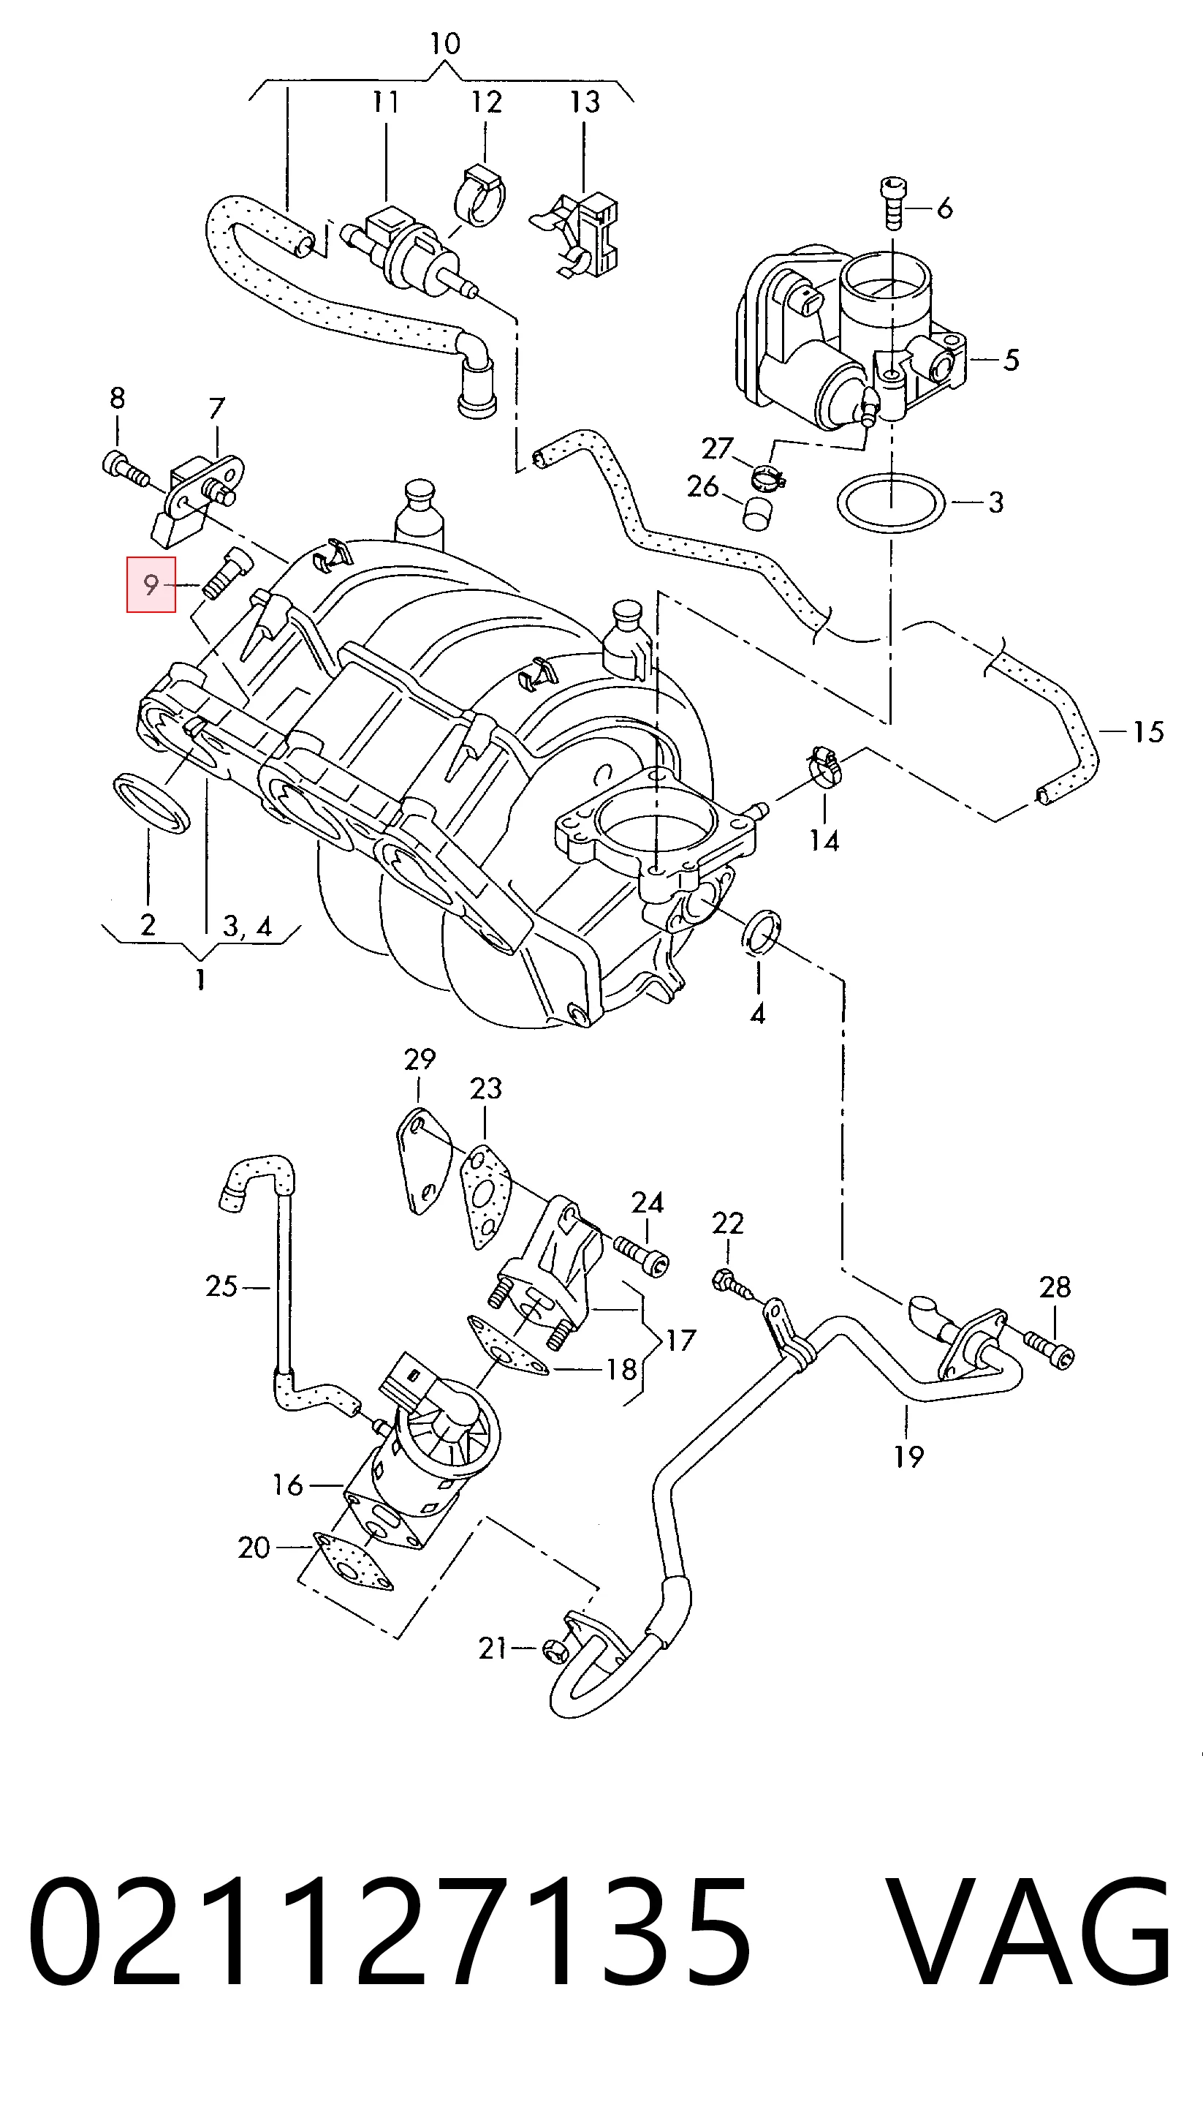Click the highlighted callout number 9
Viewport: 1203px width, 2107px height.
click(151, 585)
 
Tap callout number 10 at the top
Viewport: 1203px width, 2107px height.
click(444, 43)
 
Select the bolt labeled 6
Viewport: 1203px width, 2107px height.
click(892, 202)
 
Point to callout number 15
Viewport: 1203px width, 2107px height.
click(1147, 731)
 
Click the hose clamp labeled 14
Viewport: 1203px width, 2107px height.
click(823, 766)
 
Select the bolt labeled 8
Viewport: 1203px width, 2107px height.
click(126, 468)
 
